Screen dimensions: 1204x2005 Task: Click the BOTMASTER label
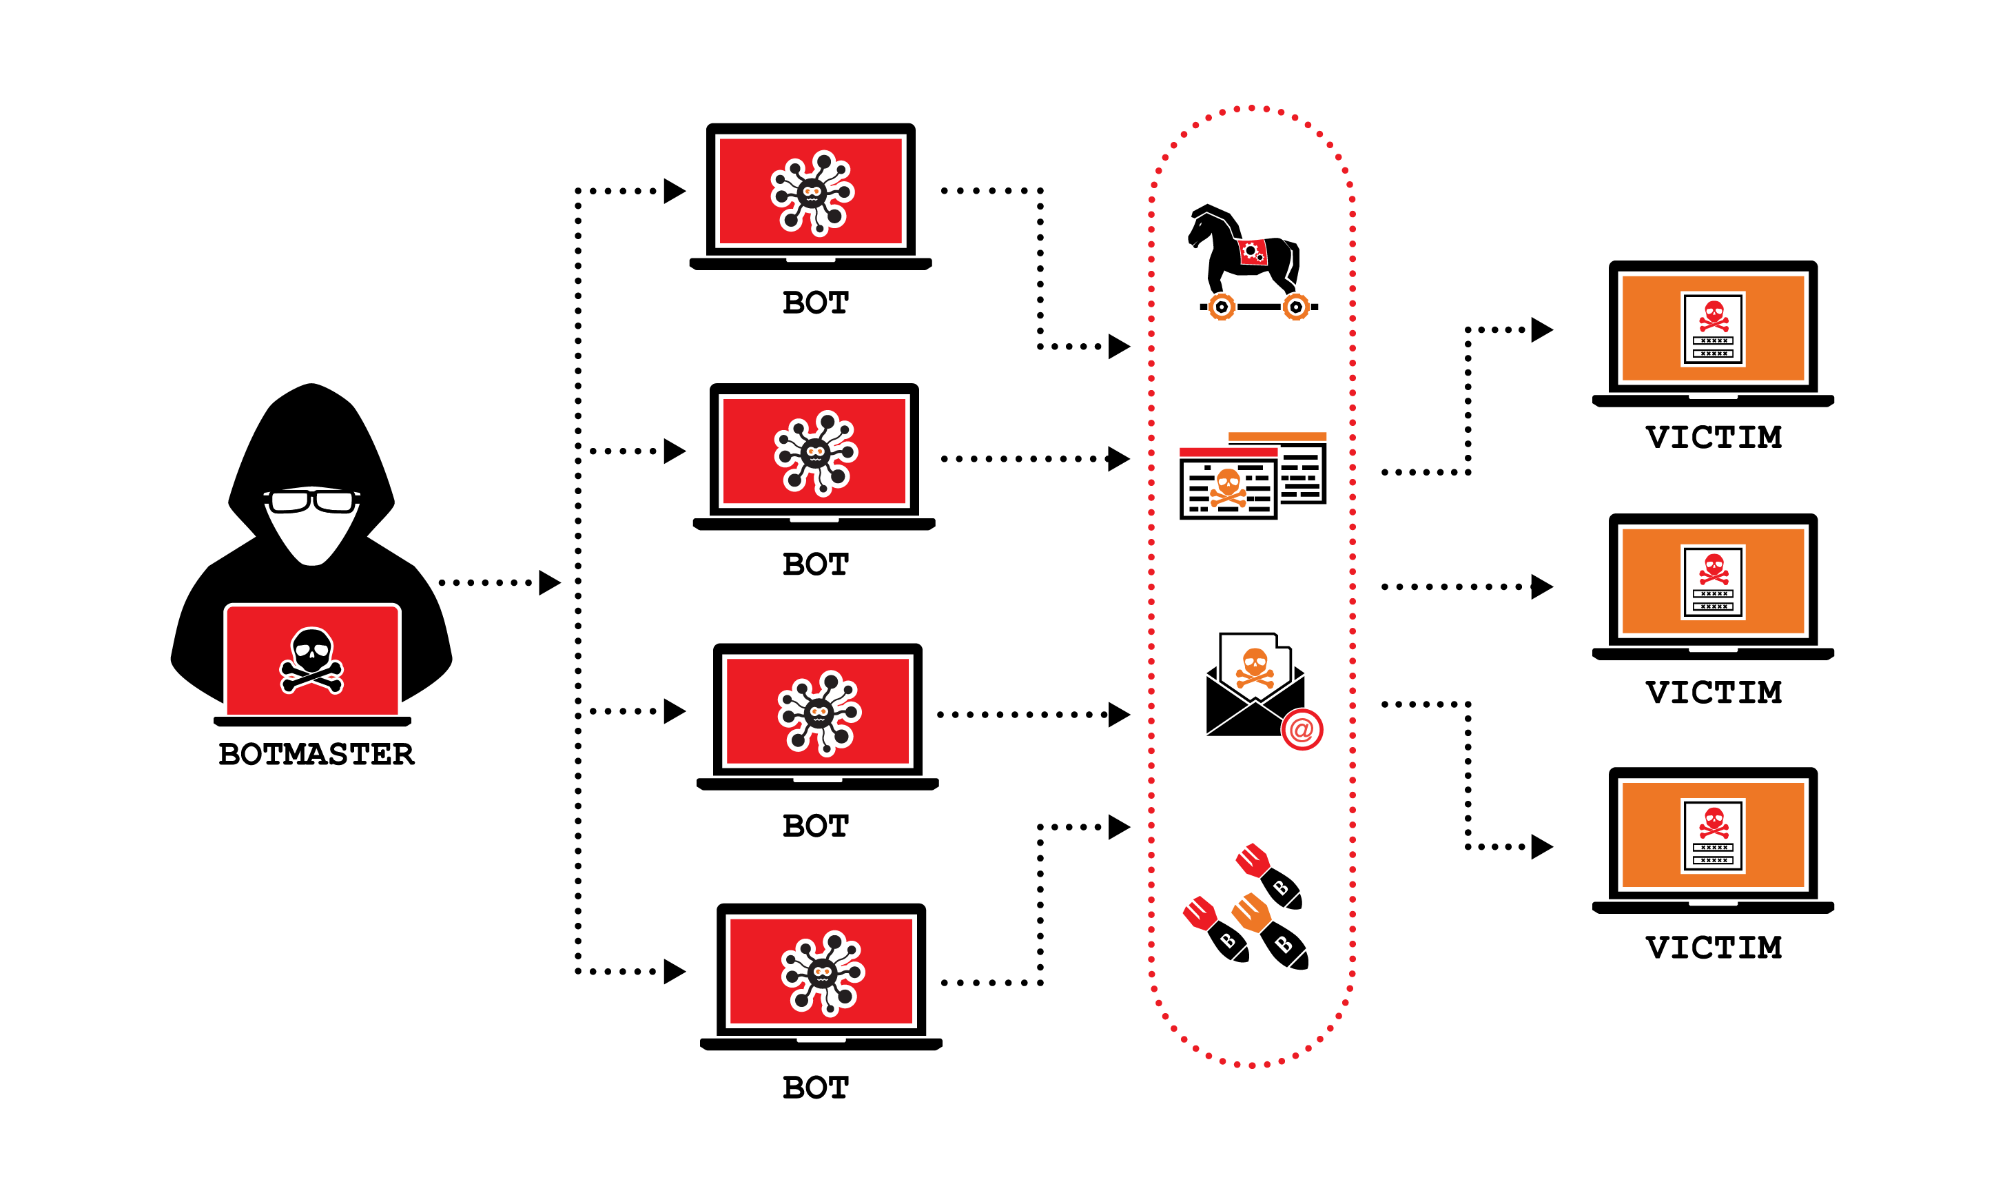[x=316, y=754]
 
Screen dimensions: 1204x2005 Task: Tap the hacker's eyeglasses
[x=312, y=500]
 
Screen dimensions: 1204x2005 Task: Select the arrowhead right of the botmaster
[x=549, y=582]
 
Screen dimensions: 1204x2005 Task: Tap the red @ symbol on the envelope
[x=1302, y=729]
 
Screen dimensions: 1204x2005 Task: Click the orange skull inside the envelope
[x=1255, y=664]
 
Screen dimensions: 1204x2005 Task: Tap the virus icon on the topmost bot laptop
[x=812, y=192]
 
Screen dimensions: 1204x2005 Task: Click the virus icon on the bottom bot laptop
[x=823, y=972]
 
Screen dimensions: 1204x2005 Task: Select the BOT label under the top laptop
[x=815, y=303]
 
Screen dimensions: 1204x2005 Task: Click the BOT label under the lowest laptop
[x=815, y=1087]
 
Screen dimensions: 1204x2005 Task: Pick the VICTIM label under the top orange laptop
[x=1713, y=438]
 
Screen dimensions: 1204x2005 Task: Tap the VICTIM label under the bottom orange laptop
[x=1713, y=947]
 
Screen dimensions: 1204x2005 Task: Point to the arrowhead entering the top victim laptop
[x=1541, y=330]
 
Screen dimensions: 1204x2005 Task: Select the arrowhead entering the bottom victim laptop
[x=1541, y=846]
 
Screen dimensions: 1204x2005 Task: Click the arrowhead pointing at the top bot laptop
[x=674, y=192]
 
